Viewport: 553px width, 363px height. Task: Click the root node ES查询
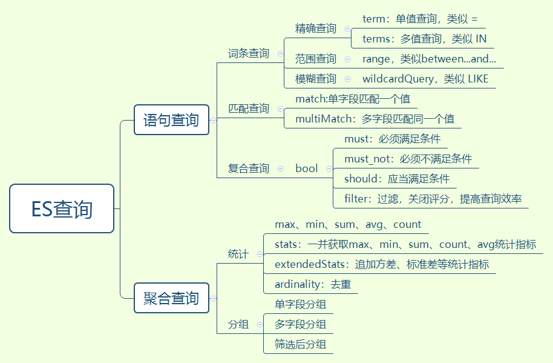click(62, 208)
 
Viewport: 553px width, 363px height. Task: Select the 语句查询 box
click(171, 119)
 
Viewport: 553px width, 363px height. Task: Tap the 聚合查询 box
click(171, 298)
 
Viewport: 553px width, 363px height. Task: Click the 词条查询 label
click(248, 53)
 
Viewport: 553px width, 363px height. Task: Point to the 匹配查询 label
click(248, 108)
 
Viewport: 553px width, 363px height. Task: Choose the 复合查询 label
click(248, 168)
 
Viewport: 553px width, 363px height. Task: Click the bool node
click(306, 168)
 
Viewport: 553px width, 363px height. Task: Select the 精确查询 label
click(315, 28)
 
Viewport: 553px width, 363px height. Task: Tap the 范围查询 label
click(315, 59)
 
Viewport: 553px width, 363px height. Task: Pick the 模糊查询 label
click(315, 79)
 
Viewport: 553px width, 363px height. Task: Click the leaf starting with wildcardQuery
click(425, 79)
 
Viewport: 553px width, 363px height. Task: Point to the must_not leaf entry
click(408, 159)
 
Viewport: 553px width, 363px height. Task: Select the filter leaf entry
click(433, 199)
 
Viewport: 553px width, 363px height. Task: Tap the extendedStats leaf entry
click(381, 264)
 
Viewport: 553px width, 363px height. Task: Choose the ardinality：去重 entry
click(313, 284)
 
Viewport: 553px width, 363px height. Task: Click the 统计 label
click(238, 255)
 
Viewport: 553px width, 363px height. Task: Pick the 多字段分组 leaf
click(300, 324)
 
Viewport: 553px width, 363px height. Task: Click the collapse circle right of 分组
click(260, 324)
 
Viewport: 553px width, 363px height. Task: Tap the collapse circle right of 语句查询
click(213, 120)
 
